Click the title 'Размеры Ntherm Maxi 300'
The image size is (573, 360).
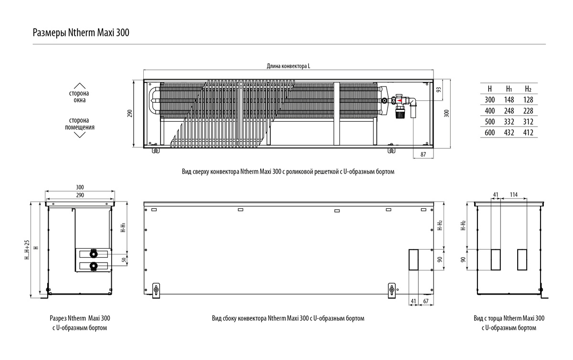(81, 33)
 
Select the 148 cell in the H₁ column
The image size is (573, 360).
(509, 99)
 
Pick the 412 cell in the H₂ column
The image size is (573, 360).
(528, 133)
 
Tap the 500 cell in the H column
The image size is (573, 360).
(489, 122)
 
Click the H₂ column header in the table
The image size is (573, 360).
(528, 89)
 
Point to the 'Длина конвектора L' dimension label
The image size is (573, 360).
(288, 66)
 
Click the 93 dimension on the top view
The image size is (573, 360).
(439, 90)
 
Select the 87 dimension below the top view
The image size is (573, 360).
(423, 154)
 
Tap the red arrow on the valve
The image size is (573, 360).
(399, 101)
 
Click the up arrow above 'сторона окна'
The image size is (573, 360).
(80, 86)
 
